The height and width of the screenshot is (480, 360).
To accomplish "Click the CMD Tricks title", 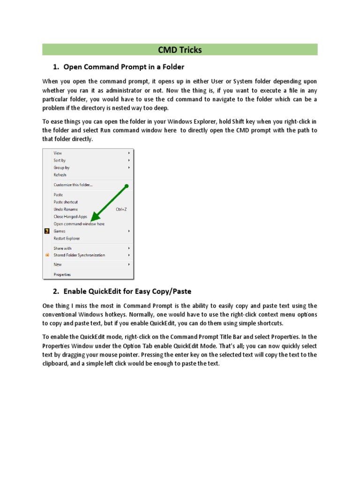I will (x=180, y=50).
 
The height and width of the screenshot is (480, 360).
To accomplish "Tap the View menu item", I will (x=58, y=153).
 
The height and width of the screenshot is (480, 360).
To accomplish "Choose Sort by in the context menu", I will (x=60, y=160).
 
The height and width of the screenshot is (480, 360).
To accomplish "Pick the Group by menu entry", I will (x=61, y=167).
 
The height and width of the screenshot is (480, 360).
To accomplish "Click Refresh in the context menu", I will (x=60, y=175).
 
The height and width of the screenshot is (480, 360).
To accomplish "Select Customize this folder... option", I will (x=73, y=185).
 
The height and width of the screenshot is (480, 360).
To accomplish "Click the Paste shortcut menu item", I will (x=66, y=202).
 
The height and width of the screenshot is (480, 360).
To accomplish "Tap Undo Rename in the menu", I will (x=66, y=210).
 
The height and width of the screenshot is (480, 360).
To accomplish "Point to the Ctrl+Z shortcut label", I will (x=121, y=210).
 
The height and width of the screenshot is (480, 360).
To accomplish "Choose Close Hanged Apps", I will (x=70, y=217).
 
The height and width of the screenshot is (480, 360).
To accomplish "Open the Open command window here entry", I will (x=79, y=224).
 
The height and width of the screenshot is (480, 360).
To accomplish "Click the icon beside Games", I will (x=47, y=231).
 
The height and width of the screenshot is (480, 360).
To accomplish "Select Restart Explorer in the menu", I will (x=67, y=239).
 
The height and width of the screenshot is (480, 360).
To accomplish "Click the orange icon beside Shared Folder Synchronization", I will (x=47, y=255).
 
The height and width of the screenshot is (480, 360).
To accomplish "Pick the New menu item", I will (x=58, y=265).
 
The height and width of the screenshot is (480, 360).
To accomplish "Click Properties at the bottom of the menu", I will (x=62, y=275).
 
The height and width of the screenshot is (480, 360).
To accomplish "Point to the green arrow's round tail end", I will (x=127, y=186).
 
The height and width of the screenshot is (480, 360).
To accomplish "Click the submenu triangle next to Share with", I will (x=129, y=248).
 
